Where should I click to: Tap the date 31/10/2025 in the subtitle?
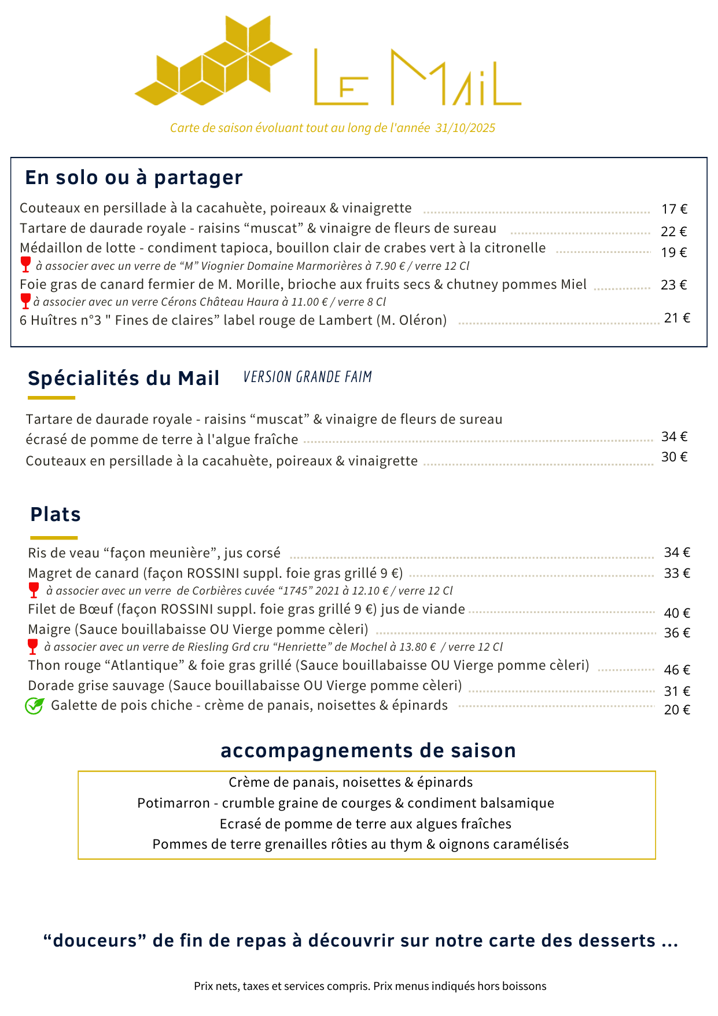(x=465, y=128)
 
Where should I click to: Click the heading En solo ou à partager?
(x=134, y=178)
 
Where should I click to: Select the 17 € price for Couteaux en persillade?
(x=674, y=209)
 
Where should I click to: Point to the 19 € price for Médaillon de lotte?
(x=674, y=252)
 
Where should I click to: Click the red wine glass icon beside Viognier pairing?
(x=25, y=265)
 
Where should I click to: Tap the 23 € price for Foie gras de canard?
(x=674, y=285)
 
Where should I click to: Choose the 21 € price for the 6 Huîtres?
(x=677, y=318)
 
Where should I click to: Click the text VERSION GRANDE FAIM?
(x=307, y=377)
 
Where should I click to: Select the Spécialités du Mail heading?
(x=123, y=379)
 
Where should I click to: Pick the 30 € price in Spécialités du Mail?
(x=674, y=457)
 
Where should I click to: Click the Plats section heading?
(x=56, y=515)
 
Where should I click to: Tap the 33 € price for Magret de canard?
(x=677, y=574)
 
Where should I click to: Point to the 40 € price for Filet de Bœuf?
(x=677, y=613)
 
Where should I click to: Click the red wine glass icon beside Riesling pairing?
(x=32, y=647)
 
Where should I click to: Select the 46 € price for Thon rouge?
(x=677, y=670)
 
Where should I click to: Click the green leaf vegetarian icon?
(x=34, y=706)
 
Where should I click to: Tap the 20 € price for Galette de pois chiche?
(x=677, y=710)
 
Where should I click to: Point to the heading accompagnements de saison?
(x=368, y=751)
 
